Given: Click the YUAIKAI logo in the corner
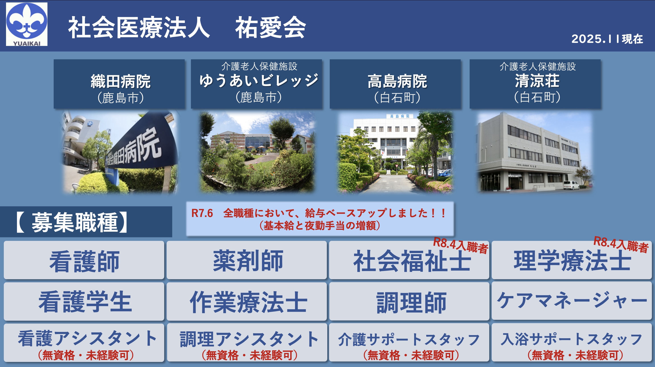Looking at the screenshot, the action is pos(27,24).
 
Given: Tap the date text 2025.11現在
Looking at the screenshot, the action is pos(607,39).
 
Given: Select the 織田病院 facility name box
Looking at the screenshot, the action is pos(119,84).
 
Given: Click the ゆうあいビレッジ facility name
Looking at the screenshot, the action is pos(259,80).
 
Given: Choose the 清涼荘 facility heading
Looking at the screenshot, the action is pos(537,81).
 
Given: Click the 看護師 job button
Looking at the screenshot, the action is pos(84,260).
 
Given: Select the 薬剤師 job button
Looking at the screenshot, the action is pos(247,260).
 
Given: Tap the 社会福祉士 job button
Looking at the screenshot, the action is pos(409,260).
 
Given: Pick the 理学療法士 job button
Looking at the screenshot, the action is pos(572,260).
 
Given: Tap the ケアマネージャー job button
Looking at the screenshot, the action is pos(572,301).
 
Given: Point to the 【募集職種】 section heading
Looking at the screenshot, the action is pos(72,222).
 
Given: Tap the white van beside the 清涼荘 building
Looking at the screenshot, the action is pos(571,185).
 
